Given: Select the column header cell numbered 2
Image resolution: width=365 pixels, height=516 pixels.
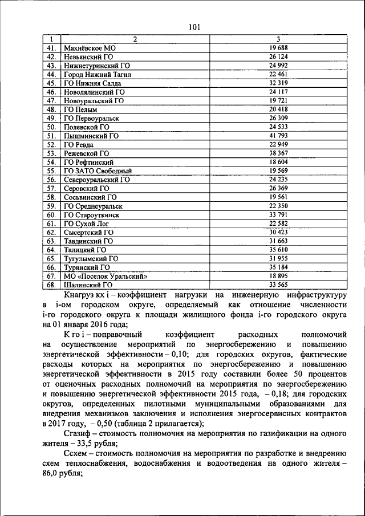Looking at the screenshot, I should pyautogui.click(x=135, y=39).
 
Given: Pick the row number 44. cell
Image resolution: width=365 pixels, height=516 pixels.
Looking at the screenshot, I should pyautogui.click(x=51, y=74).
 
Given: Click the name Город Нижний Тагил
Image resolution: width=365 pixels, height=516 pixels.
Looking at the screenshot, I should pyautogui.click(x=98, y=74).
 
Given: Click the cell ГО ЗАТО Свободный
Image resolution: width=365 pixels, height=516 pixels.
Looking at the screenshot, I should pyautogui.click(x=98, y=170).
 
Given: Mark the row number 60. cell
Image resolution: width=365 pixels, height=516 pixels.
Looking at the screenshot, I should pyautogui.click(x=51, y=214).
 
